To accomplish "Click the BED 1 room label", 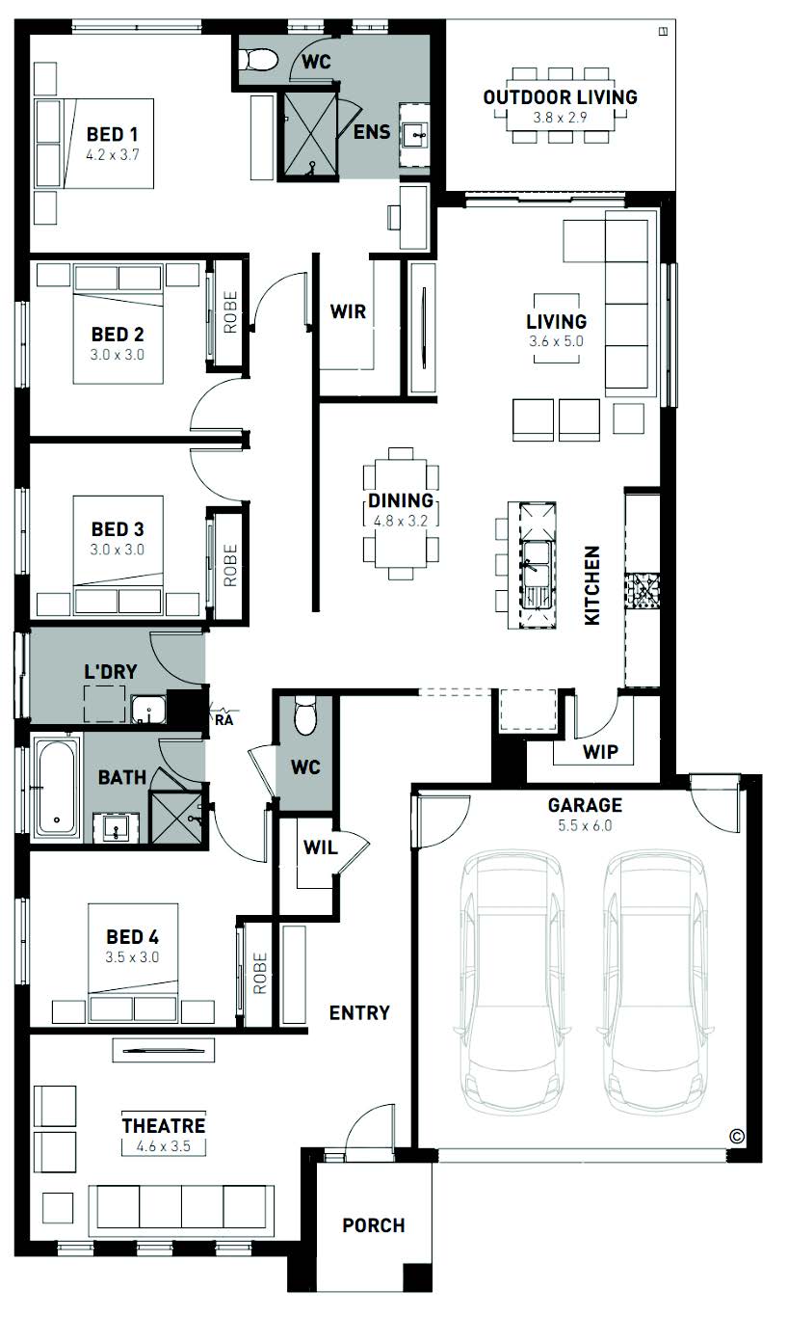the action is click(113, 135).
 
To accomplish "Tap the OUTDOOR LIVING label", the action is click(560, 97).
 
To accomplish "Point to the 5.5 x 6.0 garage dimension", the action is click(585, 825).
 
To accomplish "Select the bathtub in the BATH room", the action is click(57, 787).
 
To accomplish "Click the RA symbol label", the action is click(223, 719).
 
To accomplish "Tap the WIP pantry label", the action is click(600, 751).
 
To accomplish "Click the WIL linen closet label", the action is click(320, 847).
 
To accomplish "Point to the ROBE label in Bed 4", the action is click(259, 973).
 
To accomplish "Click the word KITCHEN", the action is click(591, 585).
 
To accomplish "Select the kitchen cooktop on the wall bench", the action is click(643, 591).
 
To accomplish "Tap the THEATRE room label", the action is click(164, 1125).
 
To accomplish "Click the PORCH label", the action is click(374, 1225).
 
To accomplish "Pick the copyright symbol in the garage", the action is click(737, 1137).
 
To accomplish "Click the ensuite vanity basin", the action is click(415, 136).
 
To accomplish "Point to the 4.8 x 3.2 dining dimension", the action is click(401, 521).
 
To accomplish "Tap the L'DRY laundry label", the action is click(111, 671).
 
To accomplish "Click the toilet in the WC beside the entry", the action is click(305, 715).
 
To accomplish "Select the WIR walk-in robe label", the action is click(348, 311).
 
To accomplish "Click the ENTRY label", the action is click(359, 1012).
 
